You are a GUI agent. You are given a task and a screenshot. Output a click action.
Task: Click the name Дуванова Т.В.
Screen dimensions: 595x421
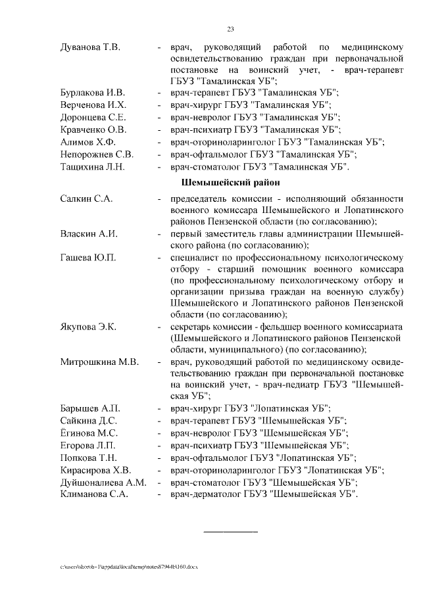(89, 48)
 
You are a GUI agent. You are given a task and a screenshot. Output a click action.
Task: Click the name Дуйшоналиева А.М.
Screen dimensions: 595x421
(103, 482)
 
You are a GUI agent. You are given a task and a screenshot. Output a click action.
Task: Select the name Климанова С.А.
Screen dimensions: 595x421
(93, 494)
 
